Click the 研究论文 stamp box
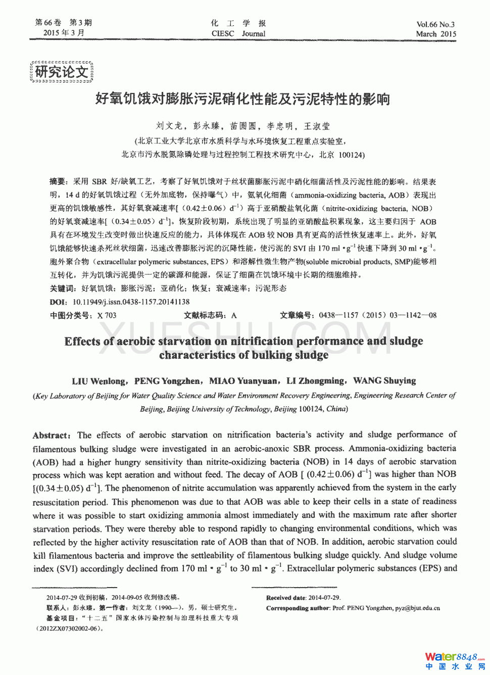(62, 72)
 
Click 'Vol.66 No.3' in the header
(435, 24)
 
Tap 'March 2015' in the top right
(436, 34)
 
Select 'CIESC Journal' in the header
(238, 34)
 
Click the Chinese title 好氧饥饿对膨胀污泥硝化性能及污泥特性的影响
(242, 99)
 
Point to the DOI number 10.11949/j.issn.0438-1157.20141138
(131, 302)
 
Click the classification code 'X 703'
(107, 315)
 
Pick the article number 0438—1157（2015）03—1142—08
(377, 315)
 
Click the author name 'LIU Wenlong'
(99, 381)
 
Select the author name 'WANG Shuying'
(384, 381)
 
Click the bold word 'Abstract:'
(52, 436)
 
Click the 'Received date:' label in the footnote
(286, 598)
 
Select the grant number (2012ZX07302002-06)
(69, 629)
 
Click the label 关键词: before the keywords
(63, 288)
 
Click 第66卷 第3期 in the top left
(63, 23)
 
